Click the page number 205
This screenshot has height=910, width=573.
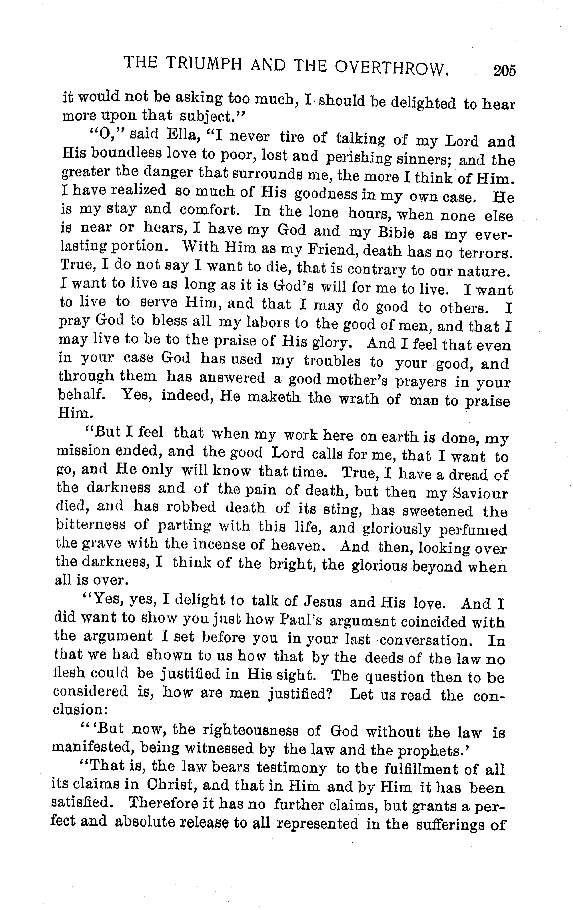click(504, 71)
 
